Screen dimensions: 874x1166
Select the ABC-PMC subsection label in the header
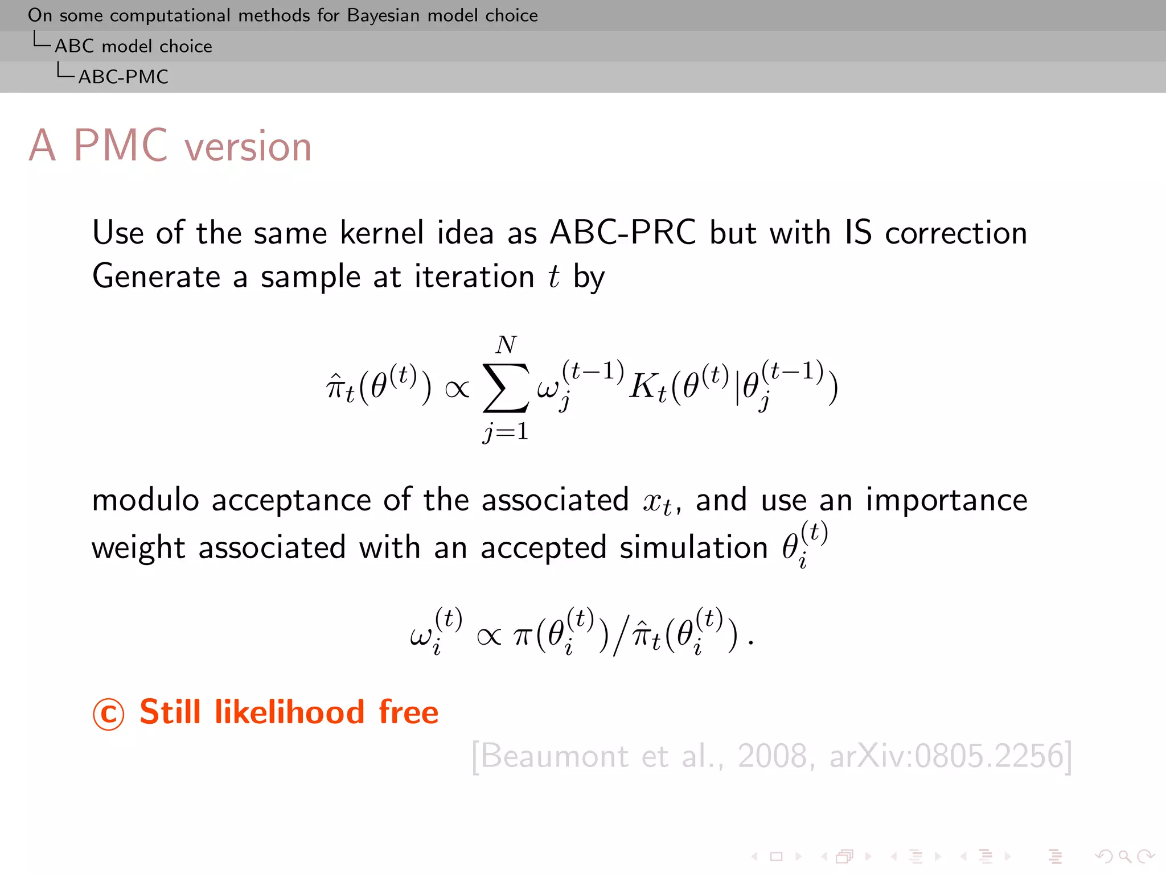123,77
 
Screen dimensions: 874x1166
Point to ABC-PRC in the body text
623,233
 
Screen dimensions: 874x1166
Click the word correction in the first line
956,233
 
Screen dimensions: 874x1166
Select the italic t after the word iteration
554,277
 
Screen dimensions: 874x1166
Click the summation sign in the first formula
505,388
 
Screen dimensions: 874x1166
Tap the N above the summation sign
506,345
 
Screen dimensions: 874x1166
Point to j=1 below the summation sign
506,432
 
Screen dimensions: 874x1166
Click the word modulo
145,500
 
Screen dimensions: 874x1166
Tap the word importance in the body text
946,500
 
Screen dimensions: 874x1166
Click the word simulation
693,548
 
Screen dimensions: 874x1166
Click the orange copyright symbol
108,714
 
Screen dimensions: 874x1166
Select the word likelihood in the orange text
289,712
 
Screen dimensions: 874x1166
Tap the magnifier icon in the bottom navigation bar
1124,856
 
